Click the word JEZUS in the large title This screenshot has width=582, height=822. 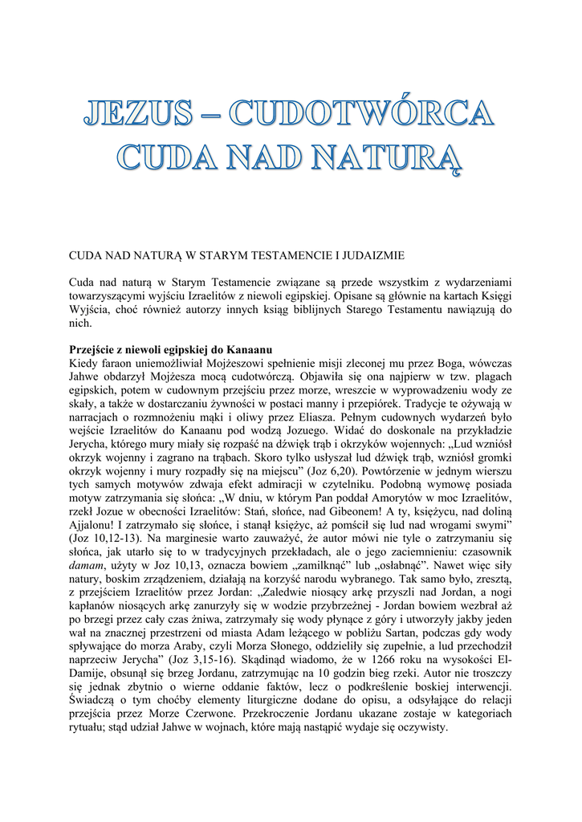pyautogui.click(x=139, y=113)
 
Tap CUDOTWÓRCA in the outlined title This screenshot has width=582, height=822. pyautogui.click(x=362, y=113)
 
